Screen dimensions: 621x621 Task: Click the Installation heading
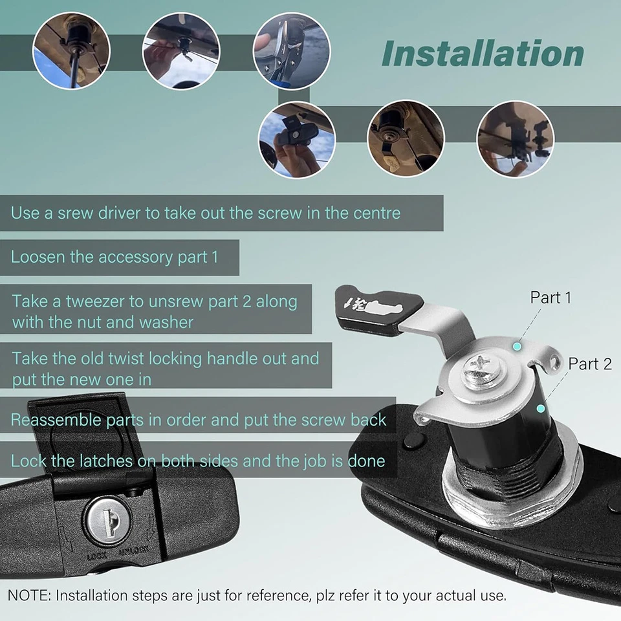(483, 54)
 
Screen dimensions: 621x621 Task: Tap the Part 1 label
(550, 298)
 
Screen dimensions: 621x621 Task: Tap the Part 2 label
(589, 364)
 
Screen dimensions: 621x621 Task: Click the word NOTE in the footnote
(28, 595)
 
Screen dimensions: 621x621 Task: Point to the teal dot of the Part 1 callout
(516, 347)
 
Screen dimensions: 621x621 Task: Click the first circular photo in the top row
(71, 50)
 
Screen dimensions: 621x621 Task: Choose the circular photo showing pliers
(291, 50)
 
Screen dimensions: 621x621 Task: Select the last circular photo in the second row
(516, 139)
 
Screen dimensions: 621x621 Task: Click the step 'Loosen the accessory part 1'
(114, 257)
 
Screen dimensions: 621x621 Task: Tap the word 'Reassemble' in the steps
(52, 420)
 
